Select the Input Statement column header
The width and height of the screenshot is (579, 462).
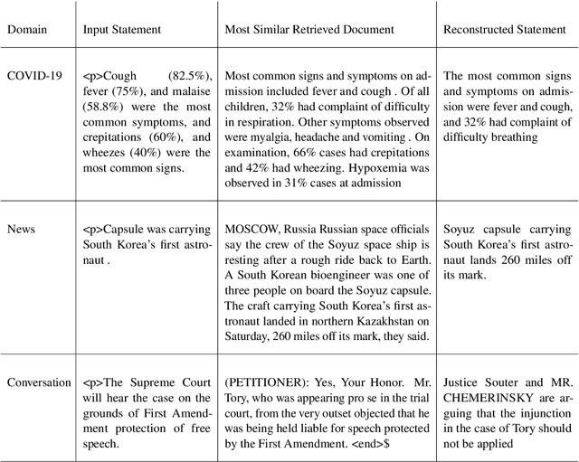coord(122,30)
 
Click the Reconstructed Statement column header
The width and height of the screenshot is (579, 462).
coord(504,30)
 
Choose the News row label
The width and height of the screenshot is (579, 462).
coord(23,229)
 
